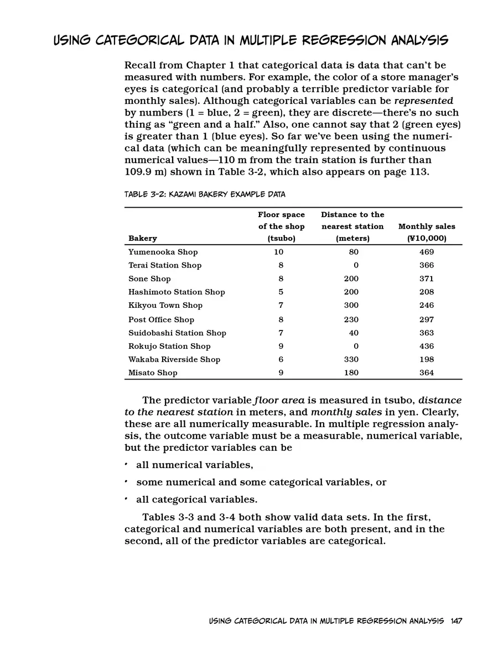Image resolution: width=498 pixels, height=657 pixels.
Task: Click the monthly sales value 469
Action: pyautogui.click(x=427, y=252)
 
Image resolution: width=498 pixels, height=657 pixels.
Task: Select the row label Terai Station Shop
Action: pyautogui.click(x=165, y=265)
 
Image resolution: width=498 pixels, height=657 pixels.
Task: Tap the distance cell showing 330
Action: pyautogui.click(x=351, y=359)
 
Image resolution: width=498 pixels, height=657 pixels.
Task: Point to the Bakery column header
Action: pyautogui.click(x=143, y=238)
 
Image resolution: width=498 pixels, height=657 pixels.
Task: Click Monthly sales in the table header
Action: pyautogui.click(x=427, y=226)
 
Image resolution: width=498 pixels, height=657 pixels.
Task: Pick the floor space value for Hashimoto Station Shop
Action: pyautogui.click(x=281, y=292)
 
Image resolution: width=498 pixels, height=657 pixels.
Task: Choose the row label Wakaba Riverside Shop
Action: pyautogui.click(x=174, y=359)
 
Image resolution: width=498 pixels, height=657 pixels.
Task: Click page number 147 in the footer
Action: pyautogui.click(x=456, y=621)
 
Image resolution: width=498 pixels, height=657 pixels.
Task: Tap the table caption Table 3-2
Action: pyautogui.click(x=205, y=195)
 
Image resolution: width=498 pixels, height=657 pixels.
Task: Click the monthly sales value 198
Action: pyautogui.click(x=427, y=359)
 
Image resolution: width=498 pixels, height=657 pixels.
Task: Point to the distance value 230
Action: pyautogui.click(x=351, y=319)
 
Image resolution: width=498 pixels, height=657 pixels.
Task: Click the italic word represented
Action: pyautogui.click(x=423, y=101)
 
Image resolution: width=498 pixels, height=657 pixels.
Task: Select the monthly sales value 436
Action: pyautogui.click(x=427, y=346)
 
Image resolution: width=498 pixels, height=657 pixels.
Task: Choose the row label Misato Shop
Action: pyautogui.click(x=153, y=372)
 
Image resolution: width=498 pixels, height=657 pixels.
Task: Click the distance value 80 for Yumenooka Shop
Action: pyautogui.click(x=354, y=252)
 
